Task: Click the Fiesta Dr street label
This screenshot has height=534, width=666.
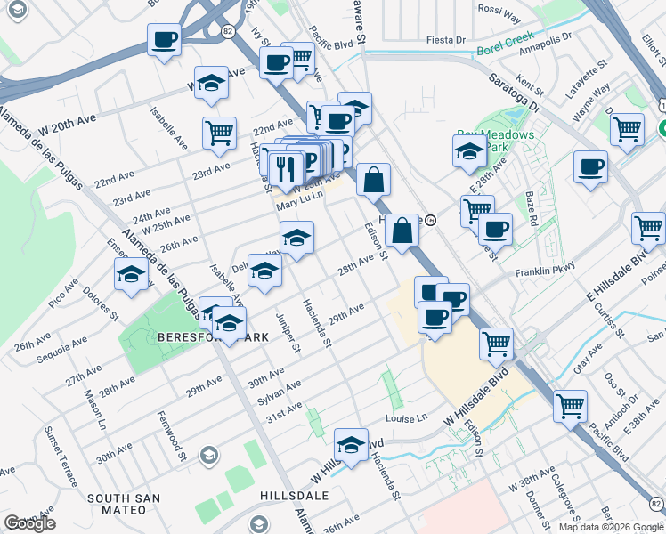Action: point(446,40)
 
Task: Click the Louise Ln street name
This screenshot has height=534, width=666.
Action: point(408,417)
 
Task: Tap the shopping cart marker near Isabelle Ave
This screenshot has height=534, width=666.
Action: point(219,133)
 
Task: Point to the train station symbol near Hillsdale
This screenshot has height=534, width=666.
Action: point(430,220)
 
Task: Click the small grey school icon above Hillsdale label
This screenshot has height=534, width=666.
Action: point(208,456)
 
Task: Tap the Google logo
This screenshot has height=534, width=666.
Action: point(29,523)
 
